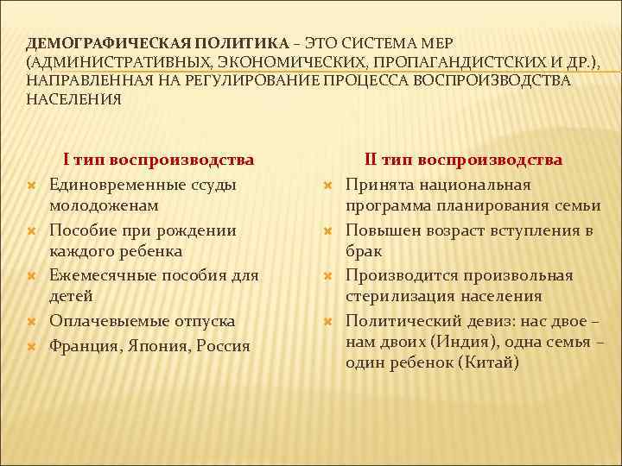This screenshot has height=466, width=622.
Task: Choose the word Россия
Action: pyautogui.click(x=225, y=345)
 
